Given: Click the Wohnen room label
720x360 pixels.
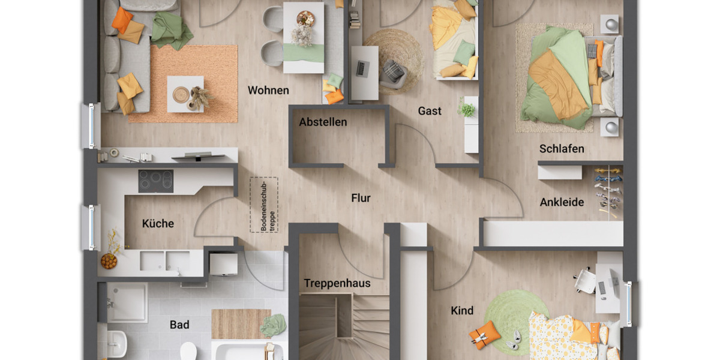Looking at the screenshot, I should (x=268, y=91).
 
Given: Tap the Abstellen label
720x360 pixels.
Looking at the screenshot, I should (x=323, y=122).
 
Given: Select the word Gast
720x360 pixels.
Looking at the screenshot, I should (x=430, y=110).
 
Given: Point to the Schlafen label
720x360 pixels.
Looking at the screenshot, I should (x=562, y=149).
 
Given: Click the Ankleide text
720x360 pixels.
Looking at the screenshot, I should (x=562, y=202).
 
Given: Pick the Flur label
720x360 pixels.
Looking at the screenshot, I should (x=361, y=198).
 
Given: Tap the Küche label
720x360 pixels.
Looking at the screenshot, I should (x=158, y=223).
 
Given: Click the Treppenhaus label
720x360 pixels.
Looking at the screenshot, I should (x=337, y=283).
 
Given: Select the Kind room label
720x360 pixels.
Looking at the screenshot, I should (x=462, y=311).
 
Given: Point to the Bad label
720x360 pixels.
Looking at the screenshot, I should (x=179, y=325).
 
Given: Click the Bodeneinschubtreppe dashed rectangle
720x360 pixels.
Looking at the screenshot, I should (x=264, y=205).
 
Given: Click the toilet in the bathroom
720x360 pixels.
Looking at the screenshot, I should (x=188, y=350).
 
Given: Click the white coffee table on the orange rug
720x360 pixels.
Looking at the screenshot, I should (x=185, y=94).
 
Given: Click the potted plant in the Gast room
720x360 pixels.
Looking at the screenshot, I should (x=467, y=110).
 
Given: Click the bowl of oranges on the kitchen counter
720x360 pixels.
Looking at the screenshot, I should (x=109, y=261).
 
